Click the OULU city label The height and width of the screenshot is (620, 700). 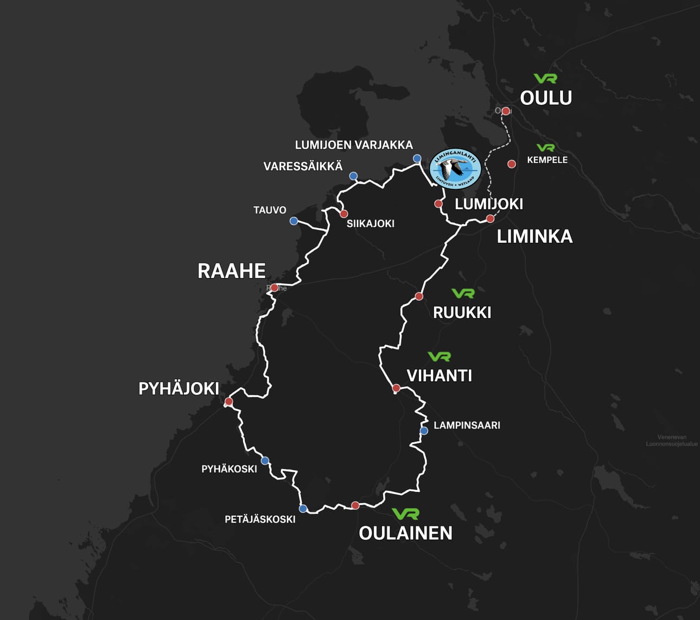546,98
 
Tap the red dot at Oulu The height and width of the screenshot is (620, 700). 506,111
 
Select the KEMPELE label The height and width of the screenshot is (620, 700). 547,160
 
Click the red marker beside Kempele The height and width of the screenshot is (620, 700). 511,164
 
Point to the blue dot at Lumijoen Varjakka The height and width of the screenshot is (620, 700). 417,159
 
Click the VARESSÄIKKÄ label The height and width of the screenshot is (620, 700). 303,166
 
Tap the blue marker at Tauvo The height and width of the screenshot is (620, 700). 294,221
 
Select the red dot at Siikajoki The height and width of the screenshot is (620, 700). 343,214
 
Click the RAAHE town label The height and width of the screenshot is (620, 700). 231,271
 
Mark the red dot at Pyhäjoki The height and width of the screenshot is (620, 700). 229,402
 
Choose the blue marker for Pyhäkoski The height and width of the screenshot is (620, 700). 265,461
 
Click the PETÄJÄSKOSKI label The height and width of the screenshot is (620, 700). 260,520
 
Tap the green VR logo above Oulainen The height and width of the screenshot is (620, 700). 405,513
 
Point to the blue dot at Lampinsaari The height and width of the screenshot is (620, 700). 424,431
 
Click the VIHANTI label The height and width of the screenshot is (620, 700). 439,375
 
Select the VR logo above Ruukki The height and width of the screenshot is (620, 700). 463,293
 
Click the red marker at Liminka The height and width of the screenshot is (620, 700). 490,219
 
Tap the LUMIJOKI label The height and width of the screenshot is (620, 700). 488,204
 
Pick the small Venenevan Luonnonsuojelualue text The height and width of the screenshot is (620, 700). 671,440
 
